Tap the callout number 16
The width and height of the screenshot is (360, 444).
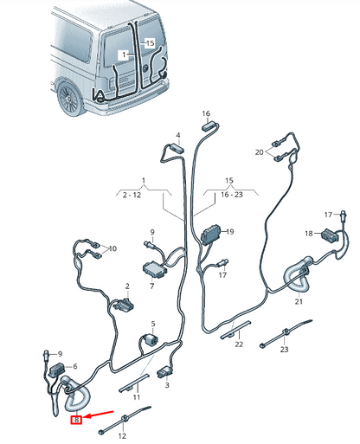click(206, 113)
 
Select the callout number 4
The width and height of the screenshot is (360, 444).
click(177, 136)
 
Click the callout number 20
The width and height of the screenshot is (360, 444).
click(258, 151)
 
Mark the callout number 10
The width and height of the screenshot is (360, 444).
click(113, 248)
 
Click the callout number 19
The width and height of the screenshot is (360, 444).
click(230, 232)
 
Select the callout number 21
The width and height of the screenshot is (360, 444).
click(299, 301)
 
